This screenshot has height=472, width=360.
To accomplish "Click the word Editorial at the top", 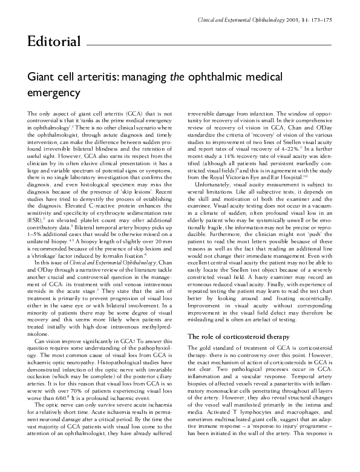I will point(54,41).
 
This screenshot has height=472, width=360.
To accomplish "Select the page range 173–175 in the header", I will point(319,21).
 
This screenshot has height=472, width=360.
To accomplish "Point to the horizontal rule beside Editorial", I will point(209,45).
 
